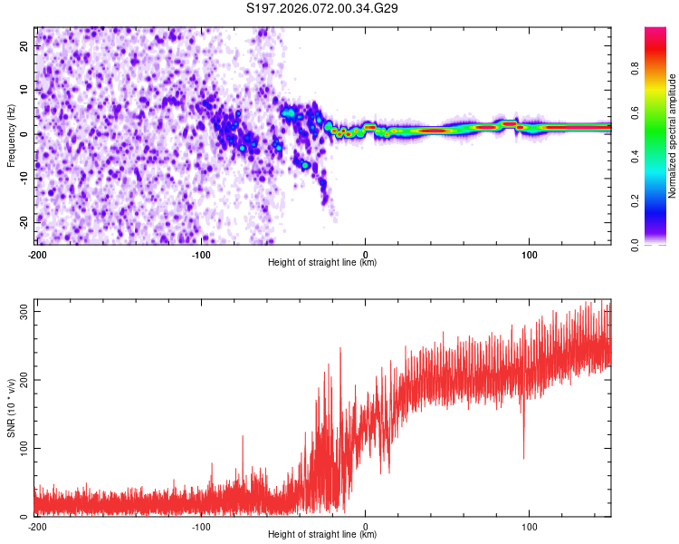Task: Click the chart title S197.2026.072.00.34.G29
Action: click(x=323, y=9)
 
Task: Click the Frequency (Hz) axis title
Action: click(x=11, y=136)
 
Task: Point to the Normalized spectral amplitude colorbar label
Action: click(x=673, y=136)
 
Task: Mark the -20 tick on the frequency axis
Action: click(x=24, y=222)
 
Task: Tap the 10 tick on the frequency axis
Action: click(x=25, y=90)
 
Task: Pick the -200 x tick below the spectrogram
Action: click(x=37, y=253)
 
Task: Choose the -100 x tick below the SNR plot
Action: click(x=201, y=526)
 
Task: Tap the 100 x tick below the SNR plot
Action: click(x=530, y=526)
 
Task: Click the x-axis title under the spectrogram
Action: click(x=322, y=263)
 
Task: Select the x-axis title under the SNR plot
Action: click(x=322, y=535)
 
